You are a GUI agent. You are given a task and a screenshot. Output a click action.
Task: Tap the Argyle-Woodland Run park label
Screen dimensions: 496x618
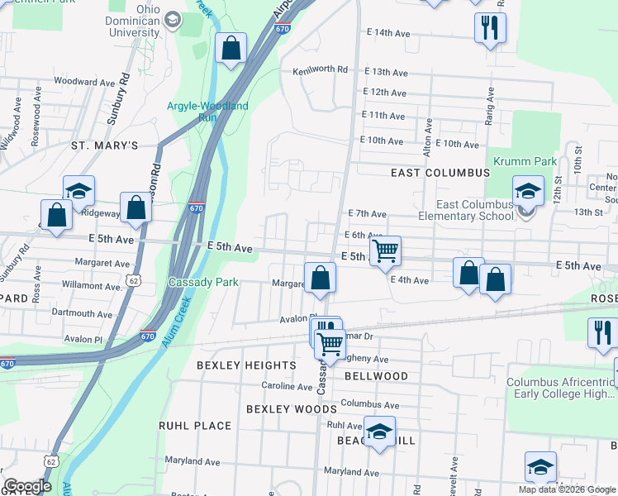(207, 112)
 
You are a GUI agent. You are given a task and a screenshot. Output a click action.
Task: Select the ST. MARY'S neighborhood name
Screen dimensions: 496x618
(104, 145)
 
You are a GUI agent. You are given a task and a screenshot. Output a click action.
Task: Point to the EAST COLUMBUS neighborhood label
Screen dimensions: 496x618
(440, 173)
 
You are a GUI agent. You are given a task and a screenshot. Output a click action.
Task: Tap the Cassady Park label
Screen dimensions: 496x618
(203, 282)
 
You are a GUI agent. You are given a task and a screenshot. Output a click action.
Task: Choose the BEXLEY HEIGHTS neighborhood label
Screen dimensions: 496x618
(246, 365)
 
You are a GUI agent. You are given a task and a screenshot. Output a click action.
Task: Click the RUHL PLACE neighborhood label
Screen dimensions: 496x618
(195, 426)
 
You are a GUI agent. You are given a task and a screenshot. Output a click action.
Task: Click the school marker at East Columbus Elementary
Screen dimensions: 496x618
(528, 192)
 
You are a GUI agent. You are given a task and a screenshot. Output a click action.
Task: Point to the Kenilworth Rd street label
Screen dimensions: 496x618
(326, 70)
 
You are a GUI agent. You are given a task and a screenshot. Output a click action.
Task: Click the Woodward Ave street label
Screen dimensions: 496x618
(84, 83)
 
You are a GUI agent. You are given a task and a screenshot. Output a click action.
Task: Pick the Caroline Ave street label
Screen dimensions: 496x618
(287, 386)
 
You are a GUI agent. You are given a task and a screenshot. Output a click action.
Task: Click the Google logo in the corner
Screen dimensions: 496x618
(27, 486)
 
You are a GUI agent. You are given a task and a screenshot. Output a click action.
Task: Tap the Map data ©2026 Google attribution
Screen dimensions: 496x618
(566, 489)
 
